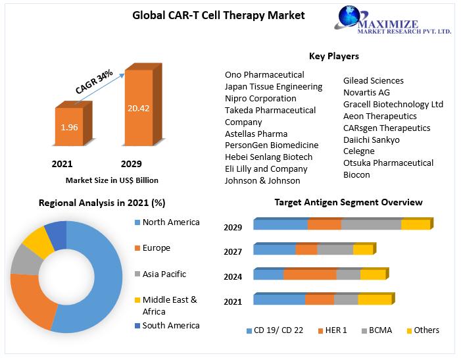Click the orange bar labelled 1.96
point(69,126)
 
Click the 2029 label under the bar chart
point(131,164)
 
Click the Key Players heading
point(333,57)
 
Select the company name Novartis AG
point(366,93)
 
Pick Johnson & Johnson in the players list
point(262,181)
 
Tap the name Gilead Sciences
point(373,81)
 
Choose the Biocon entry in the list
point(356,175)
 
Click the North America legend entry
point(170,222)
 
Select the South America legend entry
point(170,325)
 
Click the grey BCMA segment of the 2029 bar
point(371,225)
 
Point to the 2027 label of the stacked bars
point(233,252)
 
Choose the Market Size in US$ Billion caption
point(112,180)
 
